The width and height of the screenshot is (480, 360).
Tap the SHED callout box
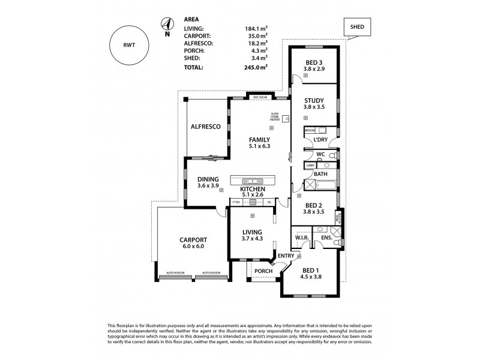(x=356, y=26)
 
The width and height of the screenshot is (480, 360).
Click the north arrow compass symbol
(x=166, y=26)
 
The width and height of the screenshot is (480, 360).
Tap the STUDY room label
(x=313, y=100)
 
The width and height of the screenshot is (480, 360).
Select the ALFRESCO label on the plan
(x=206, y=127)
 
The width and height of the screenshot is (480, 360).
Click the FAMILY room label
(x=259, y=139)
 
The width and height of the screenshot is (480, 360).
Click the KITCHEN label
(x=253, y=188)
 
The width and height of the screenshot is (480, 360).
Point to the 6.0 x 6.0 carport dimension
(x=193, y=246)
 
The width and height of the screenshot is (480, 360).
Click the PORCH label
(x=263, y=271)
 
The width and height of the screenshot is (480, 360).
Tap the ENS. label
(x=327, y=239)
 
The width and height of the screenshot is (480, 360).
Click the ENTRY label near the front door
(x=286, y=256)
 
